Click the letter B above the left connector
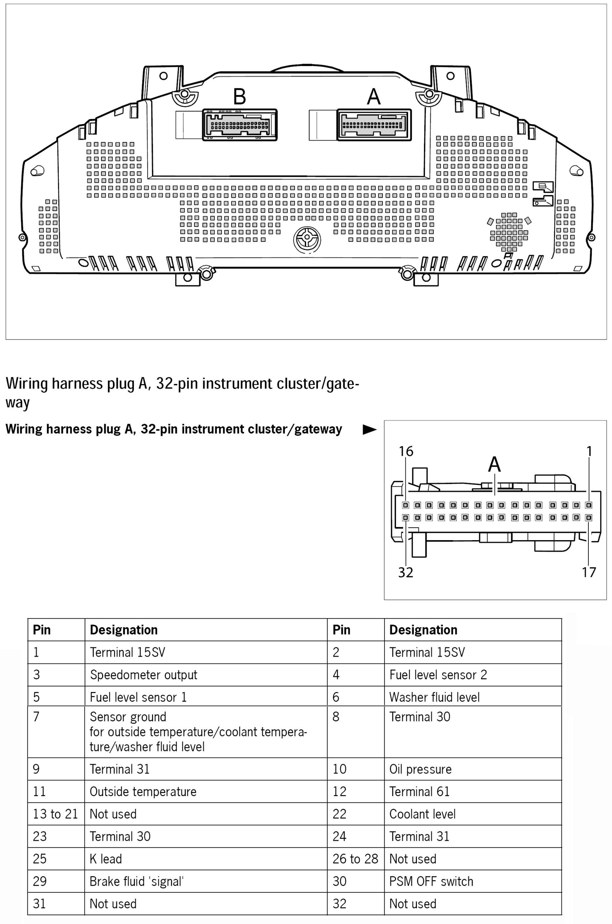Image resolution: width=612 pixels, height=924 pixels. [x=239, y=96]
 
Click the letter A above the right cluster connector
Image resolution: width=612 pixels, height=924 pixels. [x=374, y=96]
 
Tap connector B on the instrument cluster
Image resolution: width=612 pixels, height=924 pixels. [x=240, y=125]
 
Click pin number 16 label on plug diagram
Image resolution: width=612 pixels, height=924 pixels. [x=405, y=451]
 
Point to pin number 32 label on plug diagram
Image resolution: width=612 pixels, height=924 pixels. [x=405, y=572]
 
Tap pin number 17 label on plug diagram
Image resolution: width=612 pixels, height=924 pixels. [x=589, y=572]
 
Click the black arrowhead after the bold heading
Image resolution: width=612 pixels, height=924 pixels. [x=369, y=430]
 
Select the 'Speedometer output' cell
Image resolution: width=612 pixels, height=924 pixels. [x=143, y=675]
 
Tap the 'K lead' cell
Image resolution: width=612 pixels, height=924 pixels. [x=106, y=859]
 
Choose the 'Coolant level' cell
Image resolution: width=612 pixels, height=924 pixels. [x=422, y=814]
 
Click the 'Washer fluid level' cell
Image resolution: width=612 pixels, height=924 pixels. [x=434, y=697]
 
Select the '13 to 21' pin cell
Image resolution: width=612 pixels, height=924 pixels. [x=55, y=814]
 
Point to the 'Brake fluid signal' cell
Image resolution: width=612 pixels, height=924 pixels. [x=137, y=881]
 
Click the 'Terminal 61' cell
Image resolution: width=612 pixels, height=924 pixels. [x=419, y=791]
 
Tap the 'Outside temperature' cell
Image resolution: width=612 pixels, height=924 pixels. [x=143, y=791]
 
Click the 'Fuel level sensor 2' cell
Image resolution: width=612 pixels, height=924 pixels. [x=438, y=675]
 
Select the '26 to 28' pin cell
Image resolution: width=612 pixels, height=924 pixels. [x=355, y=859]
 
